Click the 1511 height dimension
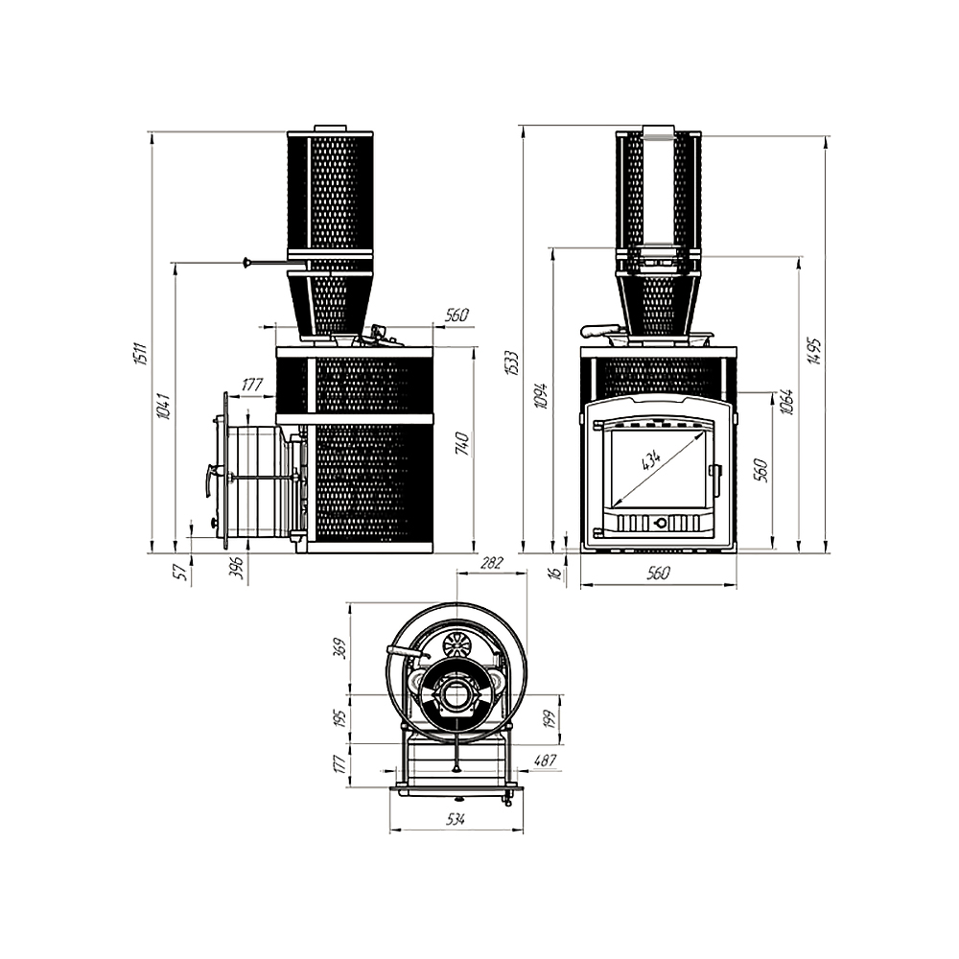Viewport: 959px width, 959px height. (140, 354)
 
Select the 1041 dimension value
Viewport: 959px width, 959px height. (163, 407)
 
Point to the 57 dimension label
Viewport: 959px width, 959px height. (178, 573)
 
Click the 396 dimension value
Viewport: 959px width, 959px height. (236, 573)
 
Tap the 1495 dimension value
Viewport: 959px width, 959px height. (816, 352)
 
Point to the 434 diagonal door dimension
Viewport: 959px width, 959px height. (651, 460)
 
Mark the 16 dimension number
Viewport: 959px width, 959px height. (553, 573)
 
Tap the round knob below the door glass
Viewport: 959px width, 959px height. (660, 524)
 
